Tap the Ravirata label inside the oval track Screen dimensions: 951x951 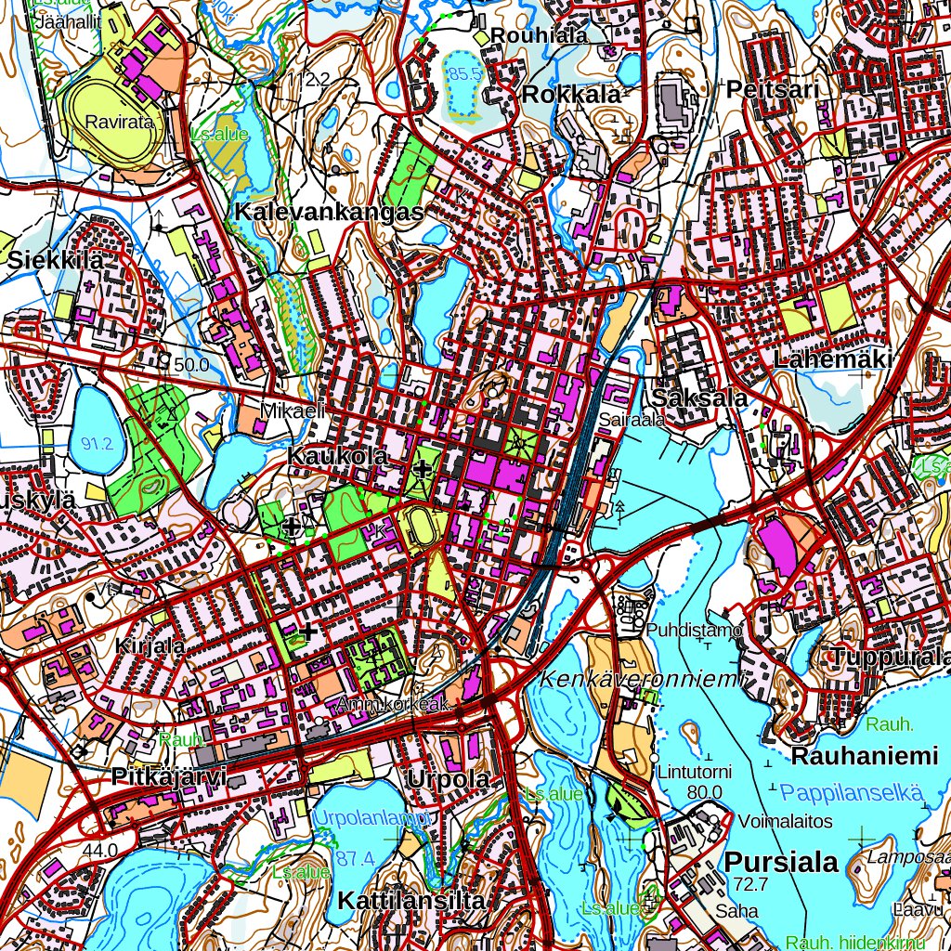coord(111,122)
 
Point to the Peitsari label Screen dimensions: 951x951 coord(774,90)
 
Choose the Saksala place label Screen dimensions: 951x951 coord(700,397)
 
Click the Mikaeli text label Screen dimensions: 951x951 coord(292,410)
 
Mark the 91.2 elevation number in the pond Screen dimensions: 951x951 coord(97,444)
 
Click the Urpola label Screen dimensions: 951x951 coord(448,779)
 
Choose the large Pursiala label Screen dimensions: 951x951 coord(781,862)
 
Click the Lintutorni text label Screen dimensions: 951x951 coord(695,772)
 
